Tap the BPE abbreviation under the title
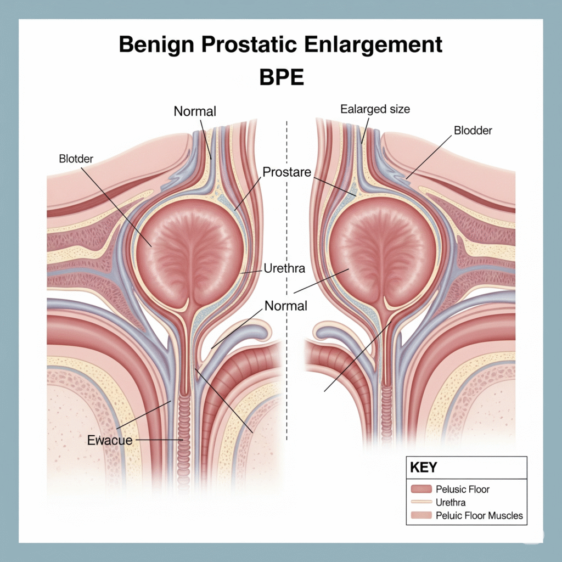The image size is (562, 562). pos(281,77)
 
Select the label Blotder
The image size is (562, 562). pos(76,159)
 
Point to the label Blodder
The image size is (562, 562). pos(473,131)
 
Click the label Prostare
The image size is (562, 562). pos(286,172)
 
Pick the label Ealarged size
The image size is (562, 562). pos(375,109)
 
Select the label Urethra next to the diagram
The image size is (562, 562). pos(284,269)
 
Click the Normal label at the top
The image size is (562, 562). pos(195,111)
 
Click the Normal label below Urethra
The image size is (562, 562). pos(286,306)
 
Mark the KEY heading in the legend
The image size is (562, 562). pos(424,468)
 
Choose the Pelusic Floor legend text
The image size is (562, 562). pos(462,489)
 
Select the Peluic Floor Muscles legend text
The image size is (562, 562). pos(479,515)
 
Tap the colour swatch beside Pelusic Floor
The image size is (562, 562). pos(421,489)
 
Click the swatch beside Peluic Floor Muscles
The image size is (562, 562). pos(421,515)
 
